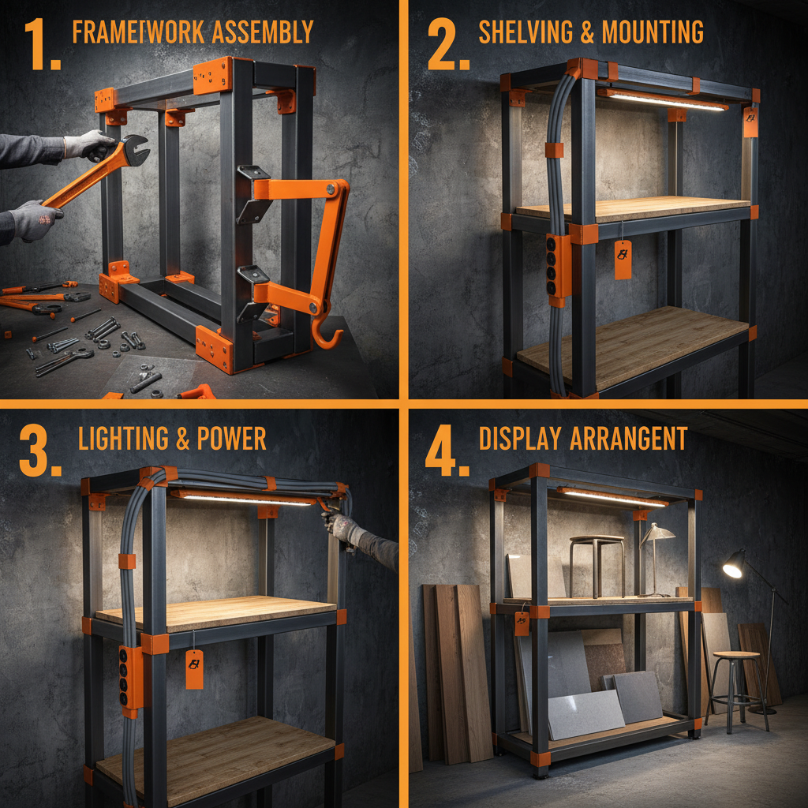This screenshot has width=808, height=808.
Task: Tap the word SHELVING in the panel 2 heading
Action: click(525, 32)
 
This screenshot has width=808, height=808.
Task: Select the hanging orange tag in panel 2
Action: click(623, 259)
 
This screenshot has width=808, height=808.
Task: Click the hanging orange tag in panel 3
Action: click(194, 669)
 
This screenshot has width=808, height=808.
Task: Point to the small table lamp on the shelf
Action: click(655, 552)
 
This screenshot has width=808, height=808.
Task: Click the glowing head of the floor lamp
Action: click(733, 565)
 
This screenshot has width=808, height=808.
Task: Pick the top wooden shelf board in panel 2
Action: click(631, 208)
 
